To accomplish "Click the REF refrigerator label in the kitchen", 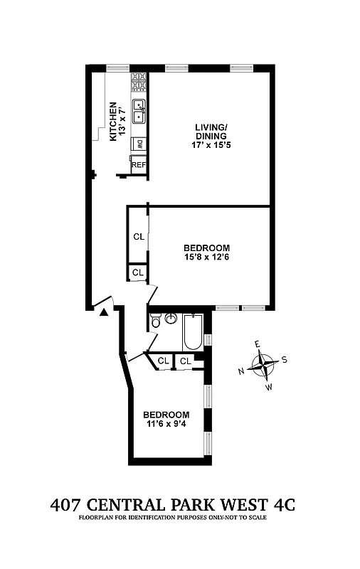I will pos(139,165).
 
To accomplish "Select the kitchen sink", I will pos(139,110).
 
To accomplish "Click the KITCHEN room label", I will pos(112,121).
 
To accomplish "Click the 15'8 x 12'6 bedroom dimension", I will pos(210,257).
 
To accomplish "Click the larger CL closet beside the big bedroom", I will pos(138,237).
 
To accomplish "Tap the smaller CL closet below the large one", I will pos(138,272).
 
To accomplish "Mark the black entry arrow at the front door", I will pos(104,310).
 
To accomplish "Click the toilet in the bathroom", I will pos(156,322).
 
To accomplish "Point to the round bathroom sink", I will pos(171,318).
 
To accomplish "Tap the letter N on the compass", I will pos(242,371).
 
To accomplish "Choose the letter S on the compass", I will pos(285,358).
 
